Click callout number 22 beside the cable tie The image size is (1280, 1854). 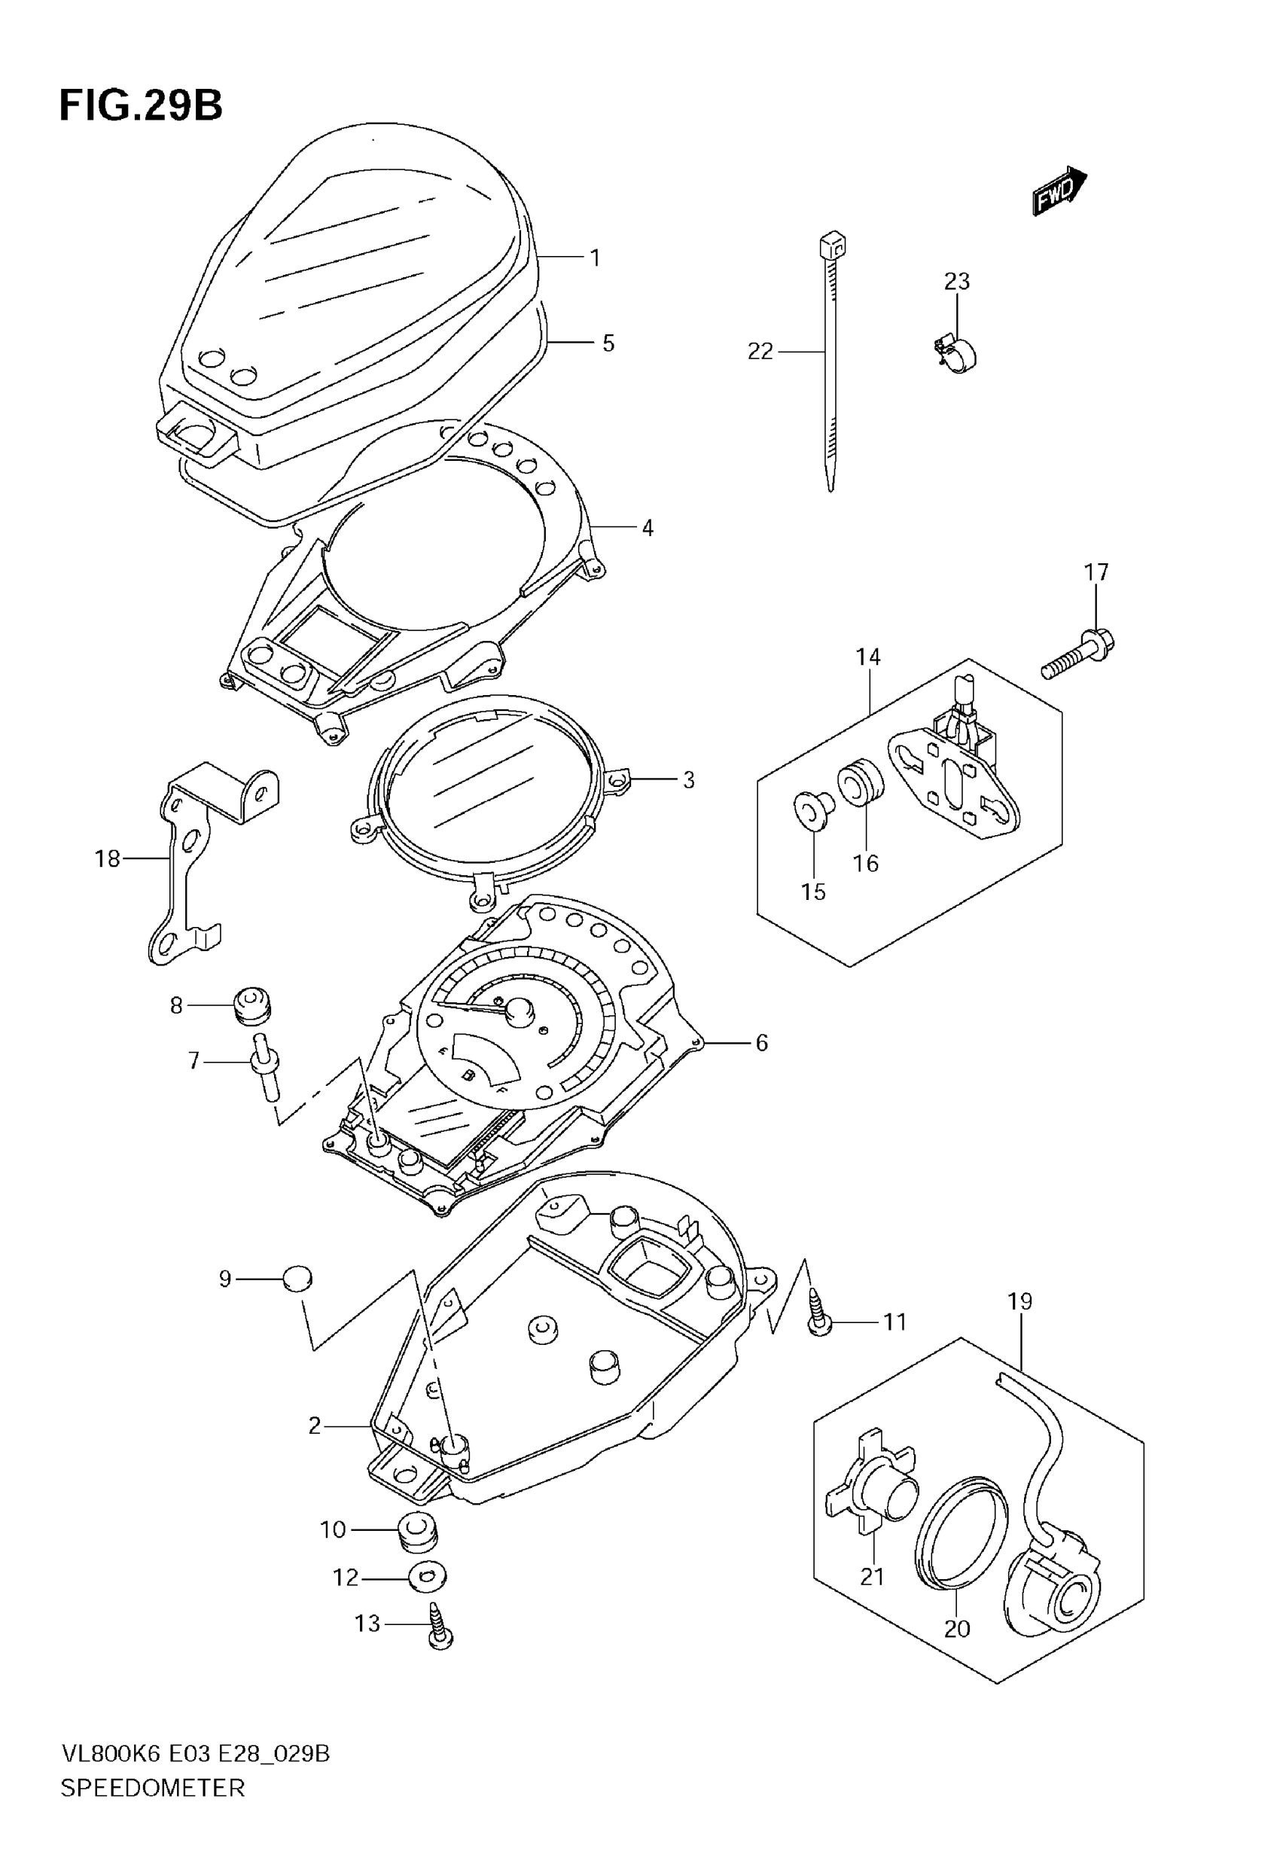(760, 351)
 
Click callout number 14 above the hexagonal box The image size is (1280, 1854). (868, 657)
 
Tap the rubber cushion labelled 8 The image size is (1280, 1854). (251, 1006)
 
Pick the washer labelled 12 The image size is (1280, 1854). (427, 1578)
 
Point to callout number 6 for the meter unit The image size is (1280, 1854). (761, 1043)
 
